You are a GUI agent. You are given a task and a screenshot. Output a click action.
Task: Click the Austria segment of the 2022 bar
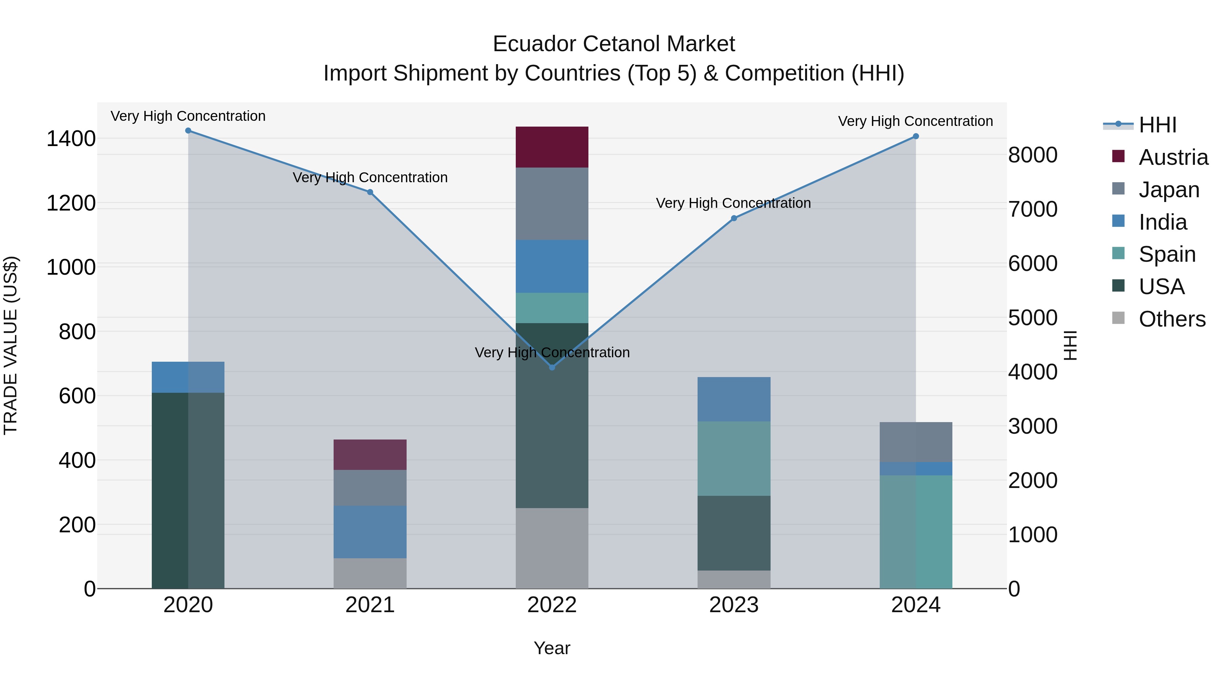[x=552, y=147]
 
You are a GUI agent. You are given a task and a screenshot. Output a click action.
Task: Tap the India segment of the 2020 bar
[x=188, y=377]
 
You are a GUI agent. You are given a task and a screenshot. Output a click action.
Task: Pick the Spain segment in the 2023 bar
[x=734, y=458]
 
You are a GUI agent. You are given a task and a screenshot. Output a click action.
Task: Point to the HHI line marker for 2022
[x=552, y=367]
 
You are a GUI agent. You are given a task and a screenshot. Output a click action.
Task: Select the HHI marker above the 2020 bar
[x=188, y=131]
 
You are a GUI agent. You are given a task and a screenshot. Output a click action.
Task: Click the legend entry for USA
[x=1161, y=287]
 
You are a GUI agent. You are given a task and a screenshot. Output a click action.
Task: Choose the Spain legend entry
[x=1167, y=254]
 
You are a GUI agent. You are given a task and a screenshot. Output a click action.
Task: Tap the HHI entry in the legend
[x=1157, y=125]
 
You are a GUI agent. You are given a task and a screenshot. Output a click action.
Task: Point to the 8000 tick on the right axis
[x=1033, y=155]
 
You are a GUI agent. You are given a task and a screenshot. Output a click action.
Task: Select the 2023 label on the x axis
[x=734, y=605]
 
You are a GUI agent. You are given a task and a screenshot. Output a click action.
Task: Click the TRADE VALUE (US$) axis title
[x=11, y=345]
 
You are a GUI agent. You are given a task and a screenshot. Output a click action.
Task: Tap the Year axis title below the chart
[x=552, y=648]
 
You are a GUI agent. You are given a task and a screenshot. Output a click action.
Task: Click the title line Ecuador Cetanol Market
[x=614, y=44]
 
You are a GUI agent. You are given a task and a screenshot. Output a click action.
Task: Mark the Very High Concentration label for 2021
[x=370, y=177]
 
